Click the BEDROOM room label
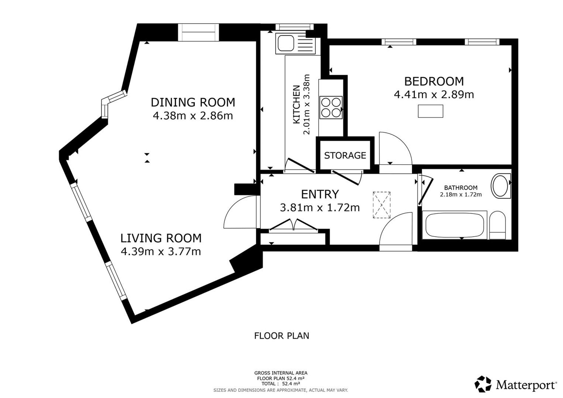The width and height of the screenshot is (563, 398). point(434,81)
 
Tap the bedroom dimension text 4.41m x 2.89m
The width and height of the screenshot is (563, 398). point(434,95)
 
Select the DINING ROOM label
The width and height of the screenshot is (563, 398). point(193,102)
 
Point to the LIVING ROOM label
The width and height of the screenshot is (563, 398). point(161,238)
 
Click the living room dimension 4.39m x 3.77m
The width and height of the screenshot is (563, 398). point(161,251)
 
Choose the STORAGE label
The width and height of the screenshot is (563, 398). point(345,155)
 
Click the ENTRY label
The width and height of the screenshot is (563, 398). point(320,194)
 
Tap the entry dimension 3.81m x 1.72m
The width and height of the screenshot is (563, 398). point(320,208)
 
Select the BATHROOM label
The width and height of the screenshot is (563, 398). point(461,188)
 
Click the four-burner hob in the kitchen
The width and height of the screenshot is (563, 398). point(331,107)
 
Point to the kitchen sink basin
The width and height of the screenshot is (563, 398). point(286,44)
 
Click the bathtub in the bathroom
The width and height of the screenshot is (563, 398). point(454,225)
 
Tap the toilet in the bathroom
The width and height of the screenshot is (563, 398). point(497,225)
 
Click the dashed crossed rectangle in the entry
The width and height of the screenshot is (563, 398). point(382,205)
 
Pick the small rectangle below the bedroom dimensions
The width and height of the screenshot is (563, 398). point(430,111)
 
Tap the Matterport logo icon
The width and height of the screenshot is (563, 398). point(483,384)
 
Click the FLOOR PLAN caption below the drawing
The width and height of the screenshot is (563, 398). point(281,336)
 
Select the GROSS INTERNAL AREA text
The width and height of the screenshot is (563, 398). point(281,373)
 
